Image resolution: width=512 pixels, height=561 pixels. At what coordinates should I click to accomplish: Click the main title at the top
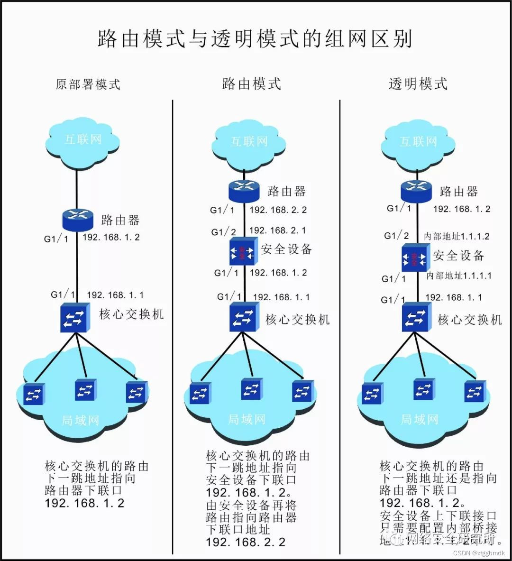point(255,39)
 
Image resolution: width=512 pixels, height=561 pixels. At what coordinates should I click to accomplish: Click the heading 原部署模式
point(88,84)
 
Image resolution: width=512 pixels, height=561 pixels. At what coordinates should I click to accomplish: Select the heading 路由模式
point(252,84)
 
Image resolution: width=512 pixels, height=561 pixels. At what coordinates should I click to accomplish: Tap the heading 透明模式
point(418,84)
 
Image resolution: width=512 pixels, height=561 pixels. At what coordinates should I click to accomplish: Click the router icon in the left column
point(77,220)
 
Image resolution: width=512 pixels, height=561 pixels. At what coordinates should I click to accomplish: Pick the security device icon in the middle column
point(243,251)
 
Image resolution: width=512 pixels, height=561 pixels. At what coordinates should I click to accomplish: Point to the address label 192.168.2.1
point(278,230)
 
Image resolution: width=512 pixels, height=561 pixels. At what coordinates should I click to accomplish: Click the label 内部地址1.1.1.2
point(457,236)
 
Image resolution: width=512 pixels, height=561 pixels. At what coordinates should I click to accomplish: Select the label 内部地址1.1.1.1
point(459,276)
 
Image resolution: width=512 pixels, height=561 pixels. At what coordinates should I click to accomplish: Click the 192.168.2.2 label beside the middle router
point(278,210)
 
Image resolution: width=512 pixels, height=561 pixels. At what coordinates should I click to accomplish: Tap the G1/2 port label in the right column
point(396,236)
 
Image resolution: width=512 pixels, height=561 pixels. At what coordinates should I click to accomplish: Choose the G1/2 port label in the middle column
point(224,232)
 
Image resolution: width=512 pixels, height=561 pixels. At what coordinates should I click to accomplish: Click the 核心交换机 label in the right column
point(469,320)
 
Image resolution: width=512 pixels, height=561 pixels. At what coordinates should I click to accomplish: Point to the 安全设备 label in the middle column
point(286,249)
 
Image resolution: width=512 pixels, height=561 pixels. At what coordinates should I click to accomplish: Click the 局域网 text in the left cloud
point(81,420)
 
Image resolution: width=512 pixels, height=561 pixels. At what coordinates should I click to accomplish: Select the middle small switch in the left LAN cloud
point(85,390)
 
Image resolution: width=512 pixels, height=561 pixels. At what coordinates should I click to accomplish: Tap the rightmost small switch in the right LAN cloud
point(475,392)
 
